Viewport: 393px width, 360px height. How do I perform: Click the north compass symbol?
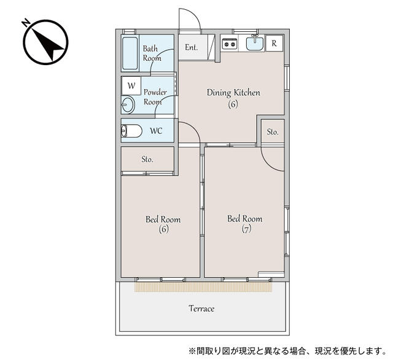pyautogui.click(x=45, y=42)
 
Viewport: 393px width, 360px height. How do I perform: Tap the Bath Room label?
pyautogui.click(x=151, y=53)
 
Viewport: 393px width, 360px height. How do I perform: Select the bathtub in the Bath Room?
pyautogui.click(x=130, y=53)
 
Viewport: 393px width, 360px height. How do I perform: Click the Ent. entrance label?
pyautogui.click(x=191, y=47)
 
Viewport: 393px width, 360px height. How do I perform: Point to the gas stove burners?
pyautogui.click(x=229, y=43)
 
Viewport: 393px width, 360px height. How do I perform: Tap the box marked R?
pyautogui.click(x=274, y=43)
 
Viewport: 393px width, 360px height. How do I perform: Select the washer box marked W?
pyautogui.click(x=131, y=85)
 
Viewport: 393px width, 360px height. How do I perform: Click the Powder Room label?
pyautogui.click(x=155, y=97)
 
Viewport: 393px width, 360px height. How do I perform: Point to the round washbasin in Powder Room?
pyautogui.click(x=128, y=105)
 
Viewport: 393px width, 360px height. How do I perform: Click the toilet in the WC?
pyautogui.click(x=131, y=131)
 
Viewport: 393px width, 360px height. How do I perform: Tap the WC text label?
pyautogui.click(x=156, y=131)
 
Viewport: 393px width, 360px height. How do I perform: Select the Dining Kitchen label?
pyautogui.click(x=233, y=98)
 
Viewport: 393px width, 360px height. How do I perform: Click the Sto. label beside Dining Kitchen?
pyautogui.click(x=273, y=132)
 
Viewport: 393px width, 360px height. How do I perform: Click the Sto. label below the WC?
pyautogui.click(x=147, y=160)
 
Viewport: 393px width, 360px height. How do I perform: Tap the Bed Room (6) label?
pyautogui.click(x=163, y=224)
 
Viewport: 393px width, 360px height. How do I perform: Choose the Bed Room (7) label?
pyautogui.click(x=244, y=223)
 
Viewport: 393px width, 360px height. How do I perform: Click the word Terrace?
pyautogui.click(x=201, y=308)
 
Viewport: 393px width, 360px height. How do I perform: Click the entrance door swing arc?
pyautogui.click(x=191, y=18)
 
